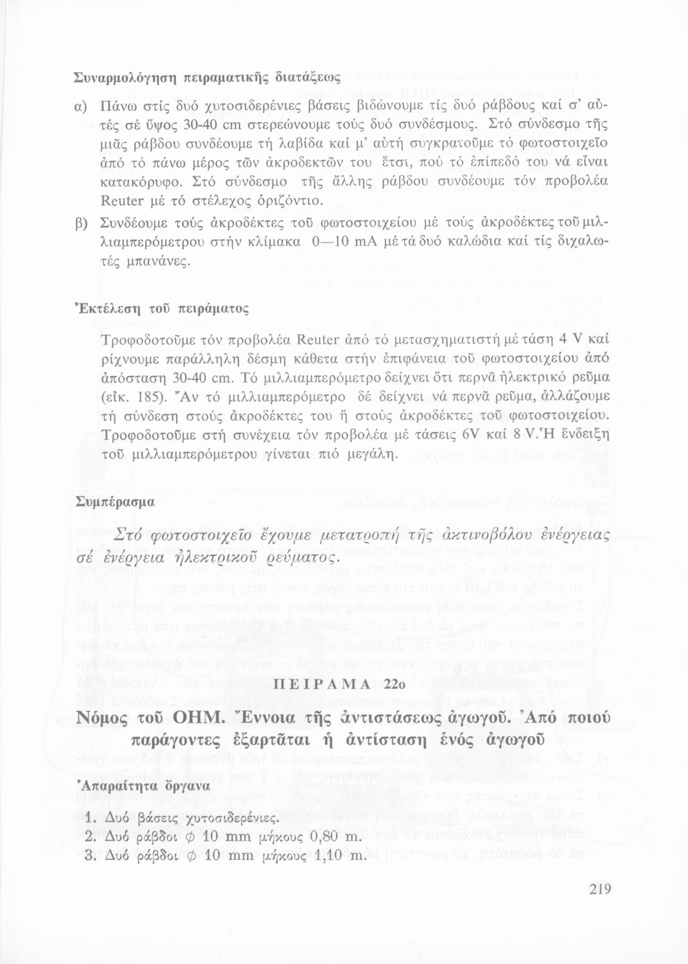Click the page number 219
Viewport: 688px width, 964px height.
tap(598, 890)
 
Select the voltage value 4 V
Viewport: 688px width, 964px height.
tap(574, 339)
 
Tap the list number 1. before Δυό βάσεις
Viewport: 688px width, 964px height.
tap(91, 820)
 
